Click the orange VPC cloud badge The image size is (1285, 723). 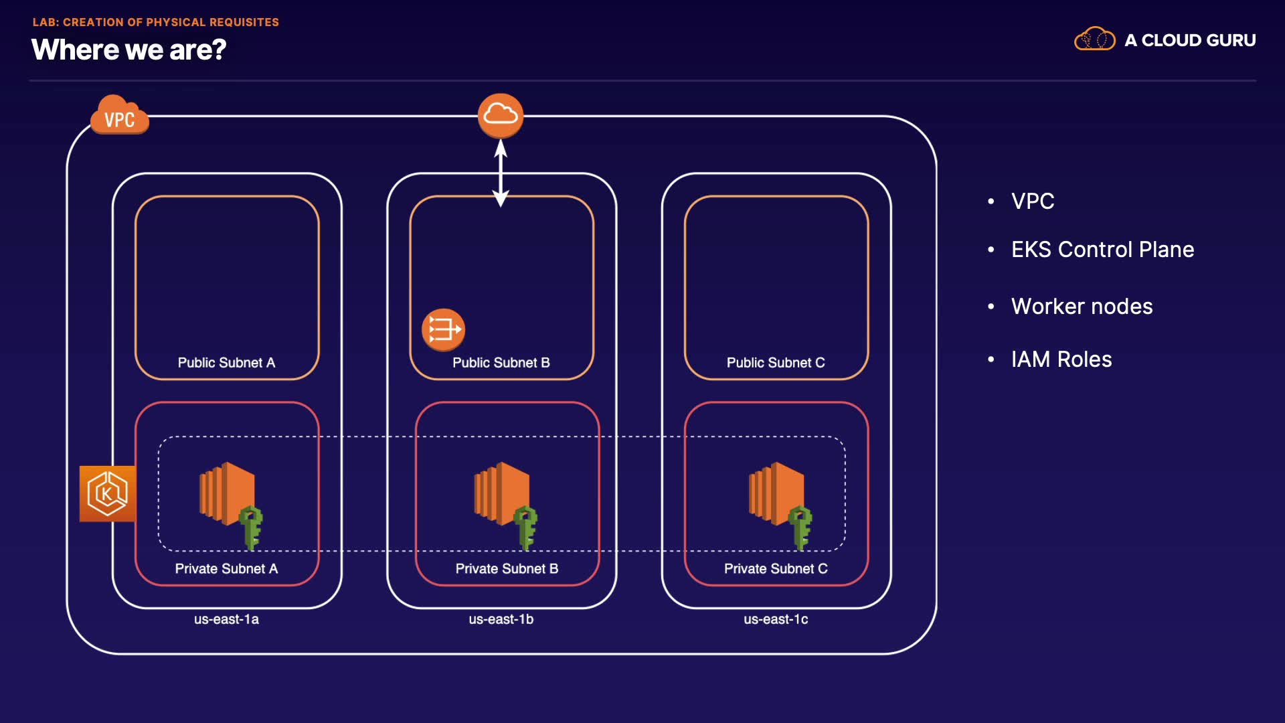119,116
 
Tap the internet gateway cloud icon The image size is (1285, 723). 501,115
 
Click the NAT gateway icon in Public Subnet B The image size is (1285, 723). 443,329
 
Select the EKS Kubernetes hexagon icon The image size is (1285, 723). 107,493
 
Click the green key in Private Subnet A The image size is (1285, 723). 252,526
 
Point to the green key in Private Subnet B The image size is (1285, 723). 526,526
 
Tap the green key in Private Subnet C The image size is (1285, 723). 800,526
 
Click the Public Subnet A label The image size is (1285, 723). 226,363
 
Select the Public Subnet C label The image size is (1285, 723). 776,363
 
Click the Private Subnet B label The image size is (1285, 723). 507,568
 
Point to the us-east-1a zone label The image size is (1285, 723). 226,619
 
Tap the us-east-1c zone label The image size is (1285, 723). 776,619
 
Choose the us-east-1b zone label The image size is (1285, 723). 501,619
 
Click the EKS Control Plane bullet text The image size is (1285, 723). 1102,250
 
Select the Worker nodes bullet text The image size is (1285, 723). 1082,307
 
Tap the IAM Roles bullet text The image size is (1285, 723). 1061,359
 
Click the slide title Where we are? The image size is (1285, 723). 128,50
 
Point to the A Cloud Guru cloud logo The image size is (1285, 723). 1094,39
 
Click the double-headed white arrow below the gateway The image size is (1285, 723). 501,173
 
